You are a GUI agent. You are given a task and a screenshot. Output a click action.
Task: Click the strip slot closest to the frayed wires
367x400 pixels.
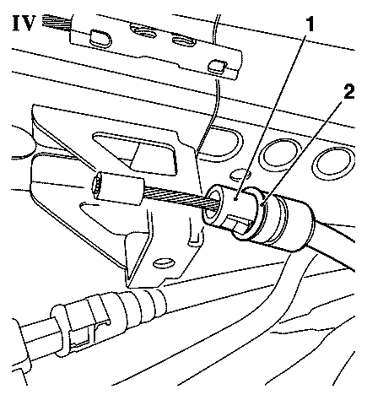pos(97,36)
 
